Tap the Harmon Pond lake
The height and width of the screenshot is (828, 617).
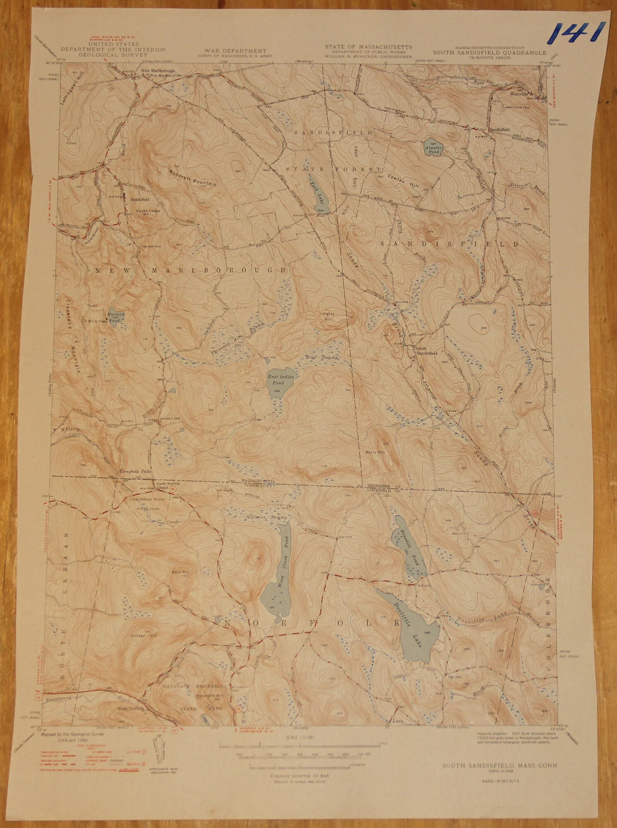pos(115,317)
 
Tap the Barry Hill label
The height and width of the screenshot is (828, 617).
pos(375,452)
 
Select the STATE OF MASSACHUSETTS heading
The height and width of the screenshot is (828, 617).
pos(368,47)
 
